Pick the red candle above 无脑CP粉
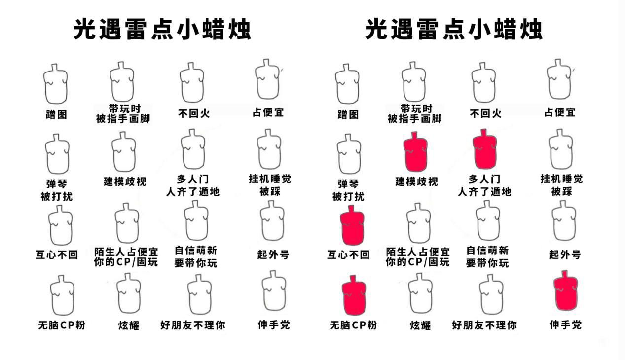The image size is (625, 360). click(354, 295)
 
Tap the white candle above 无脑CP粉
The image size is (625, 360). click(62, 295)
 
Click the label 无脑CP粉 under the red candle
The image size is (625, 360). click(353, 325)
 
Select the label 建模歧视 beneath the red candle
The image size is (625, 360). click(416, 181)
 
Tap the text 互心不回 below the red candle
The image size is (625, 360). click(348, 255)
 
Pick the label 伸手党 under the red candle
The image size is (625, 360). click(565, 324)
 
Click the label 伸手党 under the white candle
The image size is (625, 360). click(274, 324)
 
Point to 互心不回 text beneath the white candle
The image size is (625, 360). click(56, 255)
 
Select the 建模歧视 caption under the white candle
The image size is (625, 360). click(125, 181)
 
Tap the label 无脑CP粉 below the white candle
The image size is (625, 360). click(62, 325)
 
